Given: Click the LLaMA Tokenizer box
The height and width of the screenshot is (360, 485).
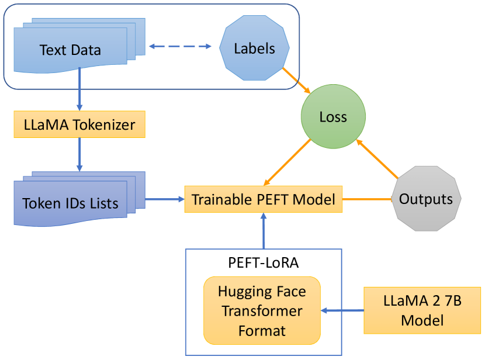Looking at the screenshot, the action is click(79, 124).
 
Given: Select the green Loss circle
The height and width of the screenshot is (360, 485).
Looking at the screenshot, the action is click(333, 116).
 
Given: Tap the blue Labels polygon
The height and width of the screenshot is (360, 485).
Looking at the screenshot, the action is click(254, 48).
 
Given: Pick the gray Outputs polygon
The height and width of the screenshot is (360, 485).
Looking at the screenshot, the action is click(426, 199).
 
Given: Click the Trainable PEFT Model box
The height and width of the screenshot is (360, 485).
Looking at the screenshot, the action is click(264, 199).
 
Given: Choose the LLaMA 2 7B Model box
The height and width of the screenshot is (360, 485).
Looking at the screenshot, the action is click(422, 310).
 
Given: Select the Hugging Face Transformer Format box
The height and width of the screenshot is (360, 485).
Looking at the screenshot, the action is click(262, 310).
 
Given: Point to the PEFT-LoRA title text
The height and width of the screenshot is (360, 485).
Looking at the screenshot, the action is click(264, 262).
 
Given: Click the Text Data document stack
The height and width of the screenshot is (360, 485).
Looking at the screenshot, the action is click(79, 46).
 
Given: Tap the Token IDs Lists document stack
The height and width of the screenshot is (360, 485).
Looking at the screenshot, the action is click(79, 199).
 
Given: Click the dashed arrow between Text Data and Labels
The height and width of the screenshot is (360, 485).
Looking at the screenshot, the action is click(180, 46).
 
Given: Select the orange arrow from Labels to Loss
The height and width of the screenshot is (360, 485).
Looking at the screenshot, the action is click(296, 81).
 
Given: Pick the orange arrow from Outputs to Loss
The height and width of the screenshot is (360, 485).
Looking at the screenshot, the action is click(377, 159).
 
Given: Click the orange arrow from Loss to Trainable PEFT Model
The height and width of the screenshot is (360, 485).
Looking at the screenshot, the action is click(287, 162).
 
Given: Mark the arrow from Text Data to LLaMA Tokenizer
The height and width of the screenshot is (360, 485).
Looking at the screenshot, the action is click(79, 89).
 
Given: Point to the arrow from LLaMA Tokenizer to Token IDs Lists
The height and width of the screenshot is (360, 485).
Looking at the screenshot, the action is click(79, 154).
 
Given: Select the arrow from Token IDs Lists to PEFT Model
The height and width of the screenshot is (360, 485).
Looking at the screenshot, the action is click(165, 199).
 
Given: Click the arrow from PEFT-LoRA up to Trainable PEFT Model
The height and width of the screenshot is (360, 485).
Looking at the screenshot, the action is click(264, 231).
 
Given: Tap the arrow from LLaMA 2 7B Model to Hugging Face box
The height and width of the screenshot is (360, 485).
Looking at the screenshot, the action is click(342, 310).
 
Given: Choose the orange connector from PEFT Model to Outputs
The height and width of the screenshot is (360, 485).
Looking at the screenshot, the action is click(367, 199).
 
